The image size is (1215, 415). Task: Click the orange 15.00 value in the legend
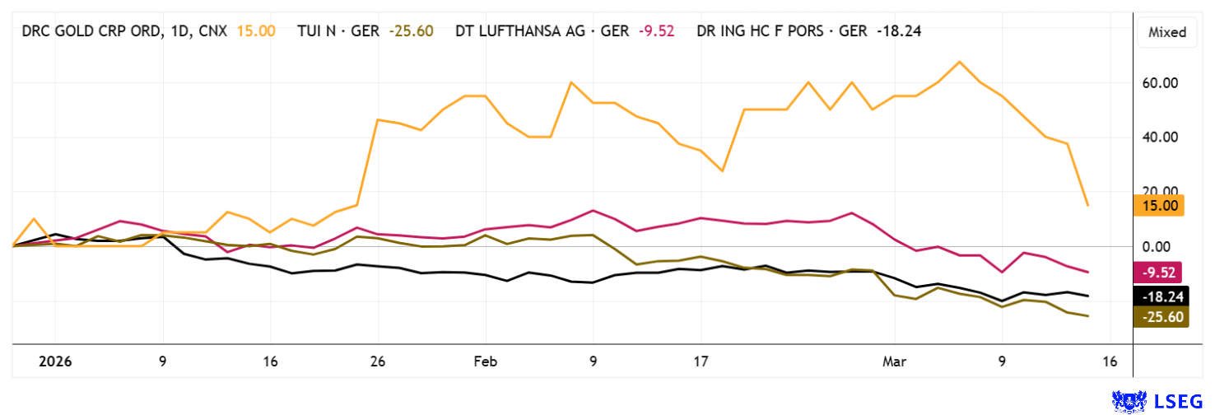256,31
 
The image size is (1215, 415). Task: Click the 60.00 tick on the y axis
1160,83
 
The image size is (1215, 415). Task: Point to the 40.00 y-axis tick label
1160,138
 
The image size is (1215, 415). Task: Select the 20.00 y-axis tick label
1160,192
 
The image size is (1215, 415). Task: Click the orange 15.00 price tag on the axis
1159,206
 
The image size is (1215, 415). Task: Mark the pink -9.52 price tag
1158,273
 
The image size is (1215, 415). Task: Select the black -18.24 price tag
1158,296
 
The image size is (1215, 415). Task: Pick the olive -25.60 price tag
1158,317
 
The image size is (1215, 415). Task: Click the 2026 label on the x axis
55,361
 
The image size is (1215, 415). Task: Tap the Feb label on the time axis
486,361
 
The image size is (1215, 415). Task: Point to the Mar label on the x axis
894,361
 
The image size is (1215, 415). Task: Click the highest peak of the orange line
959,62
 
